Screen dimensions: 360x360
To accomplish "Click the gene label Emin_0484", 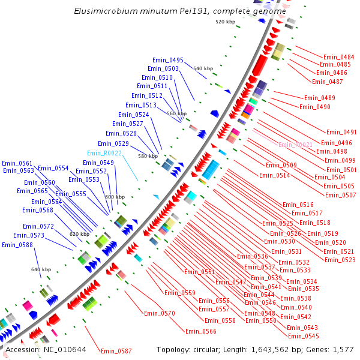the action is point(338,57).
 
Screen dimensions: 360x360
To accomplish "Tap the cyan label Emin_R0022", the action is point(104,153).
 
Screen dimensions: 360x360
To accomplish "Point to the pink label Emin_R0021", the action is point(295,145).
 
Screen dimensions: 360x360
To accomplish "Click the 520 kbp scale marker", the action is point(225,22).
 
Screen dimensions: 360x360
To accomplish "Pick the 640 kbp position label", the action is point(41,269).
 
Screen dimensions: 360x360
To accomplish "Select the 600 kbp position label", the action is point(115,197).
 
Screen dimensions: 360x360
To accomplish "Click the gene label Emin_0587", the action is point(116,351).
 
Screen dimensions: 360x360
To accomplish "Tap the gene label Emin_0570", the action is point(159,313).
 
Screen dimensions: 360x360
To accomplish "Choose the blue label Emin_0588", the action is point(17,245).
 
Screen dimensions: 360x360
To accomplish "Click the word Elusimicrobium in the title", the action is point(104,11).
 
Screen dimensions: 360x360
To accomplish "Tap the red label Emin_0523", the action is point(340,260).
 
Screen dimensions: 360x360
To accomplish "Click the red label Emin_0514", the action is point(274,175).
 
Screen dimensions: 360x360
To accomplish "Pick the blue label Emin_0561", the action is point(17,163).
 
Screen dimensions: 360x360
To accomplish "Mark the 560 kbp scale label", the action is point(176,113).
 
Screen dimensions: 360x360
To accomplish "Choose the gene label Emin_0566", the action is point(200,331).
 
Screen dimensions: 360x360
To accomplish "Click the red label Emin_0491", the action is point(341,132).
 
